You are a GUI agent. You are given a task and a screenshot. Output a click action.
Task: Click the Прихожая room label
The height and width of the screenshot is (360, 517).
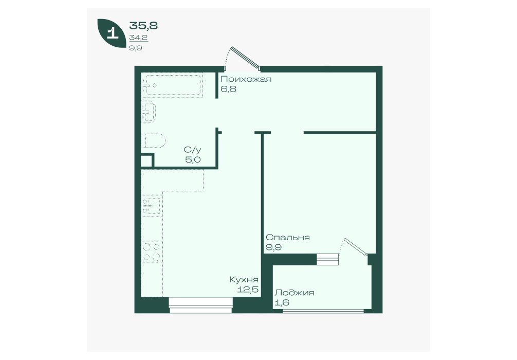click(246, 80)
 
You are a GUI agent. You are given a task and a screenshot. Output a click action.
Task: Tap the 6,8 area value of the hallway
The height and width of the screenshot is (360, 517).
click(229, 89)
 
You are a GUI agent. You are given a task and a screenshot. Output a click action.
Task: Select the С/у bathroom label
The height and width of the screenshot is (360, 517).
click(193, 150)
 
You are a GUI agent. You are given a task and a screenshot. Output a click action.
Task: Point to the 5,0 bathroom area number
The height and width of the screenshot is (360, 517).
click(193, 160)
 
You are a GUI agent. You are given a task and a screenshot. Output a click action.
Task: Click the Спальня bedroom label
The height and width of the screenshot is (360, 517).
click(287, 238)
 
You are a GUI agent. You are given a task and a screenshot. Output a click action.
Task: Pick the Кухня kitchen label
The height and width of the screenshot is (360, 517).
click(244, 280)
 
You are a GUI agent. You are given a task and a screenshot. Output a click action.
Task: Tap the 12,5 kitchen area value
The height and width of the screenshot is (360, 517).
click(248, 290)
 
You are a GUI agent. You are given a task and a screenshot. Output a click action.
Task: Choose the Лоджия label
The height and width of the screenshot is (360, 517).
click(294, 293)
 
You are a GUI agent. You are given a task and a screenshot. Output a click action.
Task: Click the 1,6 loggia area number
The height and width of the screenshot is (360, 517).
click(282, 302)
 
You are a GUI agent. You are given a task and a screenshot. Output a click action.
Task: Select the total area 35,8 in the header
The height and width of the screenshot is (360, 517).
click(143, 25)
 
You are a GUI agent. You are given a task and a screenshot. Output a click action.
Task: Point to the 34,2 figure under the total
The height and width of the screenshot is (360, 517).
click(138, 38)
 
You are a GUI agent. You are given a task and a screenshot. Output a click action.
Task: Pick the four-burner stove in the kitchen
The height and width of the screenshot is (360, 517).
click(152, 252)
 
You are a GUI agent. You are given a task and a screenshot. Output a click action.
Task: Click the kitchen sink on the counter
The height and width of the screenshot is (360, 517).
click(151, 206)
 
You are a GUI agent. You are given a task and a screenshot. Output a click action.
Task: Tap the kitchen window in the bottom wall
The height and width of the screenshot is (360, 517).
click(201, 305)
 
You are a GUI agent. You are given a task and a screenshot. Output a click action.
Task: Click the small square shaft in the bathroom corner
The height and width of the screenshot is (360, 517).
click(147, 161)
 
